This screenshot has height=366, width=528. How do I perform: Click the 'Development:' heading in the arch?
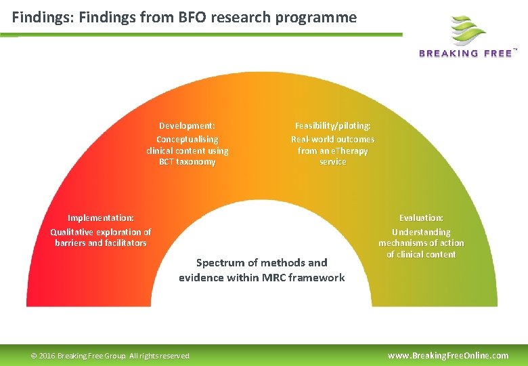pyautogui.click(x=187, y=125)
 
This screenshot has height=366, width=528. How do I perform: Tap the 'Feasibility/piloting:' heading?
pyautogui.click(x=332, y=125)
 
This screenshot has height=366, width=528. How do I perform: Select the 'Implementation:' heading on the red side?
pyautogui.click(x=100, y=218)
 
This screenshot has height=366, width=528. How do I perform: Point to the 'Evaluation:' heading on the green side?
pyautogui.click(x=421, y=218)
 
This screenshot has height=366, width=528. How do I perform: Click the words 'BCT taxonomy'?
pyautogui.click(x=187, y=162)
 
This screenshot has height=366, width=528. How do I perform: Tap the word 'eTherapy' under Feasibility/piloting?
pyautogui.click(x=349, y=150)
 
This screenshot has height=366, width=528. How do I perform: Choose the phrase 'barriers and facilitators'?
pyautogui.click(x=100, y=243)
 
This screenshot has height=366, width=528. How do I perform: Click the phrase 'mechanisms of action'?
pyautogui.click(x=421, y=243)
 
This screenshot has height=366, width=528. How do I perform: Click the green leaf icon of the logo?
pyautogui.click(x=468, y=30)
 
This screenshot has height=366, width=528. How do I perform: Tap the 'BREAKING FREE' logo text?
pyautogui.click(x=465, y=54)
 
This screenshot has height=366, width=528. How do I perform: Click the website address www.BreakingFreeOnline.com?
pyautogui.click(x=447, y=355)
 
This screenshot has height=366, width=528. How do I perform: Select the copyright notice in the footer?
pyautogui.click(x=111, y=356)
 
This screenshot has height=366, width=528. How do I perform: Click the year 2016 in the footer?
pyautogui.click(x=47, y=356)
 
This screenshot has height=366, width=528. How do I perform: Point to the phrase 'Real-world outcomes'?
pyautogui.click(x=332, y=139)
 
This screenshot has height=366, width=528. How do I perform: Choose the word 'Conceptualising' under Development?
pyautogui.click(x=187, y=139)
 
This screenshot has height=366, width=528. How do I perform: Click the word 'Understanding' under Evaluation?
pyautogui.click(x=421, y=232)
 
